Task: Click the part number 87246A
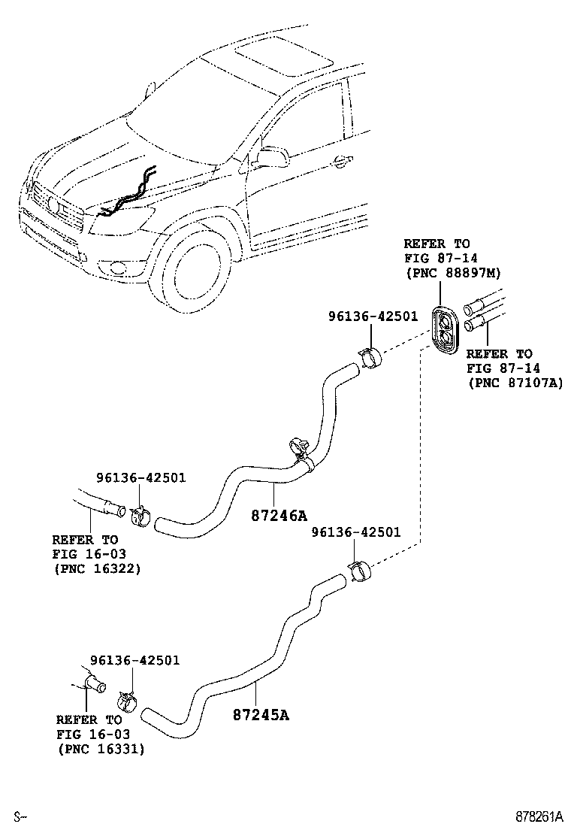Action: pyautogui.click(x=278, y=516)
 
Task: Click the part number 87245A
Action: pyautogui.click(x=260, y=713)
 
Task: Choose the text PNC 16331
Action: pyautogui.click(x=101, y=749)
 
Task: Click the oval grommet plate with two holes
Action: pyautogui.click(x=449, y=329)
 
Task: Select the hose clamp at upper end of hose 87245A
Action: pyautogui.click(x=358, y=573)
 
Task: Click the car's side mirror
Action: pyautogui.click(x=272, y=157)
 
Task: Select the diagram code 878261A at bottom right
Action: pyautogui.click(x=539, y=816)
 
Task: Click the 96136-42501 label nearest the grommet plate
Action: pyautogui.click(x=373, y=317)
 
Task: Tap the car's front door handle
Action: pyautogui.click(x=341, y=159)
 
